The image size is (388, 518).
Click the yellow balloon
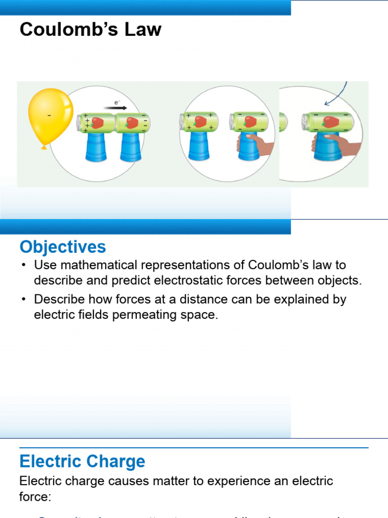(49, 117)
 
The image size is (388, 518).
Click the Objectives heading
(63, 247)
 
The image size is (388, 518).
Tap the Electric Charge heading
(82, 461)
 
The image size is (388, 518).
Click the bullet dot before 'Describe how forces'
(24, 299)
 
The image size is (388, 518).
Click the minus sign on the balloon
(49, 116)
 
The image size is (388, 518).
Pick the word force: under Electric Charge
(35, 497)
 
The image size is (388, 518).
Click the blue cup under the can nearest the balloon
(95, 146)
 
